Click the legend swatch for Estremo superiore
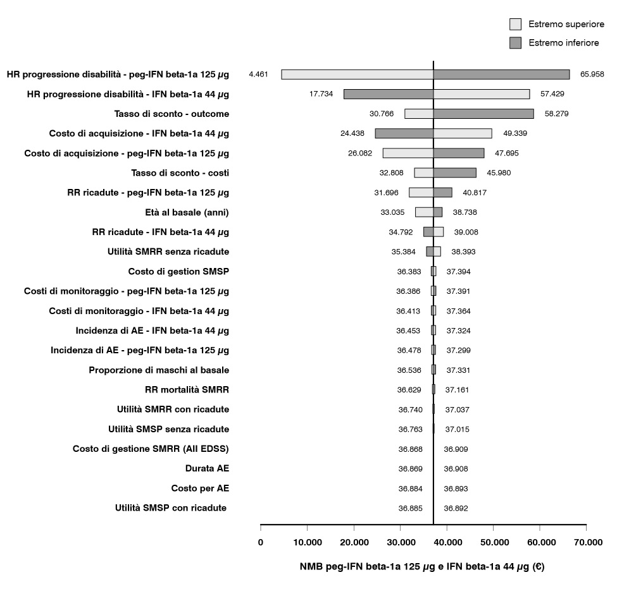click(515, 24)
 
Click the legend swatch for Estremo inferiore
click(515, 43)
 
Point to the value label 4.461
click(259, 74)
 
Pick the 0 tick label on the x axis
click(261, 542)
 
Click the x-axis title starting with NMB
click(422, 567)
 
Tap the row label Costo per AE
click(200, 489)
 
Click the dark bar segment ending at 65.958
click(501, 74)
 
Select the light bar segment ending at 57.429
click(481, 94)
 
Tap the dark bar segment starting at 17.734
click(388, 94)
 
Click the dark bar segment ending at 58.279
click(483, 114)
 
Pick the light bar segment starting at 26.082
click(408, 153)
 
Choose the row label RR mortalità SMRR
click(187, 390)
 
